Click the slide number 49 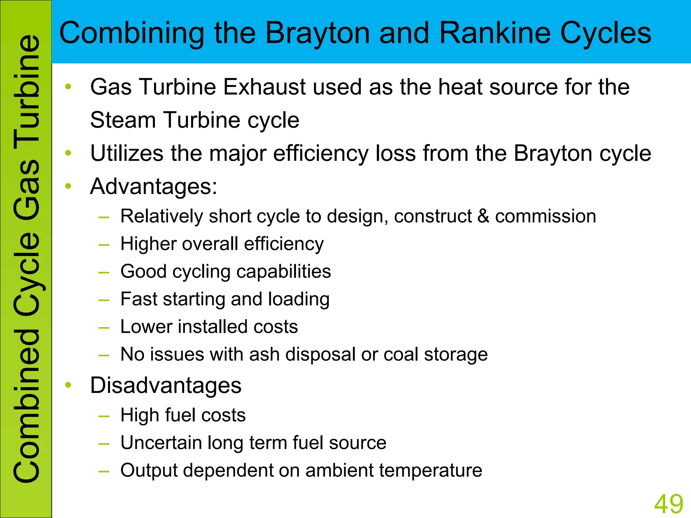coord(668,504)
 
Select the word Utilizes coord(127,153)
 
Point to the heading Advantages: coord(154,186)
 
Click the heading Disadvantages coord(166,385)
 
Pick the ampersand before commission coord(483,216)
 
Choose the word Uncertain coord(161,443)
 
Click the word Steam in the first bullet coord(123,120)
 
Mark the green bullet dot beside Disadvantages coord(68,385)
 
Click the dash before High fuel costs coord(104,416)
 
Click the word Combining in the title coord(132,33)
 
